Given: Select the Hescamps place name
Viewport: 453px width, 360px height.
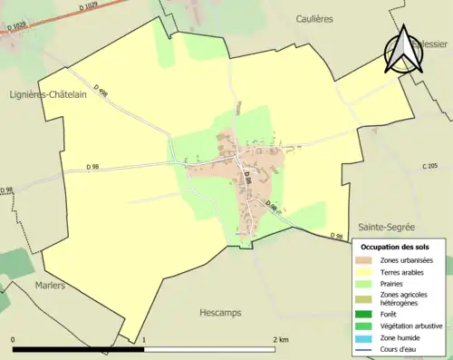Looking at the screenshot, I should point(221,312).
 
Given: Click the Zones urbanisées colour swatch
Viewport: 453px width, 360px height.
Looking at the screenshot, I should point(365,260).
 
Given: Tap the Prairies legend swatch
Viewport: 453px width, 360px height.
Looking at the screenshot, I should point(365,283).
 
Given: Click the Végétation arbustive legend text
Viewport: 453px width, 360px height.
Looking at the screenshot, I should point(413,326).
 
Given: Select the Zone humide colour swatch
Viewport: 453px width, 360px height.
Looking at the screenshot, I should point(365,337).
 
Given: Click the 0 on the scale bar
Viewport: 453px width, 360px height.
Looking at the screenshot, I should point(14,339).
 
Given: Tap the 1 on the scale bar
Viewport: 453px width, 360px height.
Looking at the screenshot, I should point(144,339).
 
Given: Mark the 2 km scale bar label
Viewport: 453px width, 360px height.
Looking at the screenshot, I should point(281,339).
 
